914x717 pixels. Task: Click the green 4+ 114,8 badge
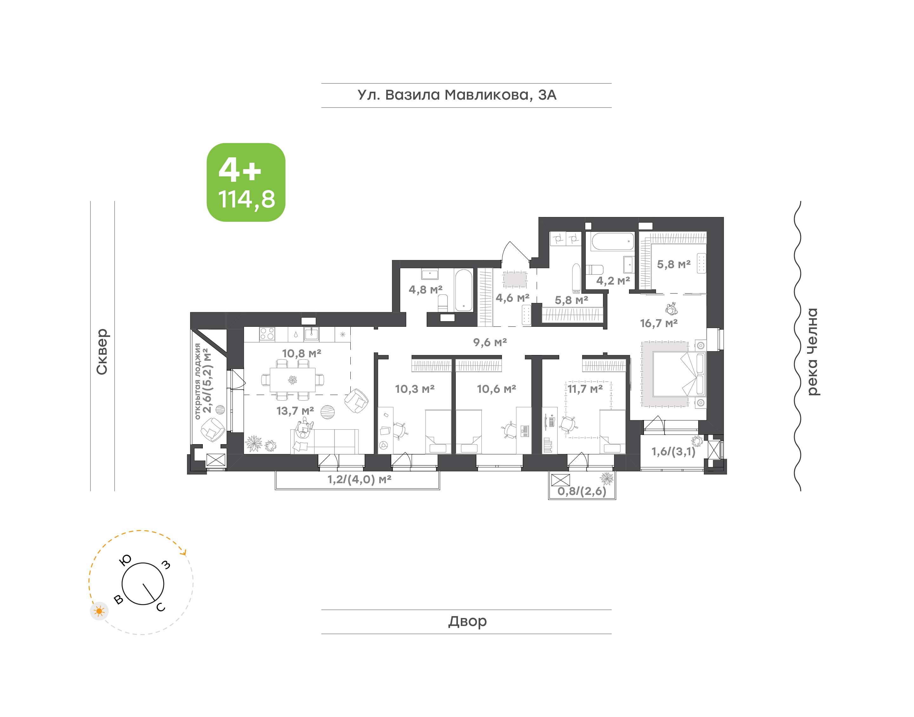pyautogui.click(x=246, y=182)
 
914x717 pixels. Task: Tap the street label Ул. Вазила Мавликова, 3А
pyautogui.click(x=457, y=95)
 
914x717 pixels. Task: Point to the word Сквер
pyautogui.click(x=102, y=352)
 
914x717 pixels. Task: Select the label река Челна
pyautogui.click(x=812, y=352)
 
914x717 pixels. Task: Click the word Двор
pyautogui.click(x=467, y=621)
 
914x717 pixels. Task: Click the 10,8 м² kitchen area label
pyautogui.click(x=301, y=353)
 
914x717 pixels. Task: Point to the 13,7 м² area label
pyautogui.click(x=295, y=411)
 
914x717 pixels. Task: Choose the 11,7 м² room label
pyautogui.click(x=585, y=389)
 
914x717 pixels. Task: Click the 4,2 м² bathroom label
pyautogui.click(x=613, y=281)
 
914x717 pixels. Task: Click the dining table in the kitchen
pyautogui.click(x=292, y=380)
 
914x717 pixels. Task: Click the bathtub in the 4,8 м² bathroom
pyautogui.click(x=464, y=290)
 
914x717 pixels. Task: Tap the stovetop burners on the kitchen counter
pyautogui.click(x=267, y=334)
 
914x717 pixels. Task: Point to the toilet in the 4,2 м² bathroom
pyautogui.click(x=594, y=269)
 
